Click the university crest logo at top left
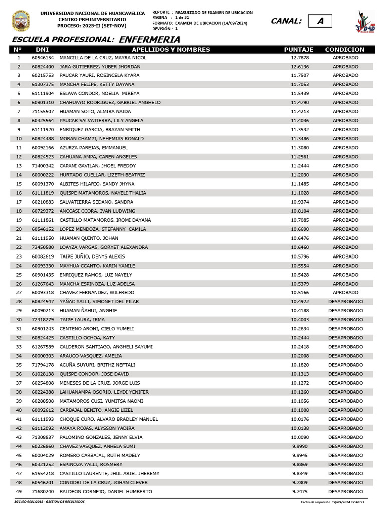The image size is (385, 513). [x=20, y=21]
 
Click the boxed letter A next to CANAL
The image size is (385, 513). [x=320, y=21]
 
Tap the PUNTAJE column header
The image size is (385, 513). [x=299, y=50]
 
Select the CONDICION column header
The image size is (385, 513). [x=345, y=50]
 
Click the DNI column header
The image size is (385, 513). [x=42, y=50]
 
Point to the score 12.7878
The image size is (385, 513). [x=300, y=58]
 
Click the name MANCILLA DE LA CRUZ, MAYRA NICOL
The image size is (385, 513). [x=103, y=58]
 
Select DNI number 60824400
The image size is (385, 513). [x=43, y=67]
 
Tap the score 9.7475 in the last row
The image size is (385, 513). [x=300, y=492]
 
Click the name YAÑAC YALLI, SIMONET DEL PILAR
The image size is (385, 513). [x=99, y=302]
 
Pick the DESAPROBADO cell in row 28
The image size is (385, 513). [x=345, y=302]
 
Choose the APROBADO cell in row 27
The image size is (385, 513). [x=345, y=293]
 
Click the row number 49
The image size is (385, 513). [x=19, y=492]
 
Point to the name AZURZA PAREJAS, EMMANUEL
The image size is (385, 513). [x=94, y=148]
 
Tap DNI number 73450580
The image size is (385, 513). [x=43, y=247]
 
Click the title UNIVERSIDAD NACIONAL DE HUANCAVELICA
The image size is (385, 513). [x=92, y=13]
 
